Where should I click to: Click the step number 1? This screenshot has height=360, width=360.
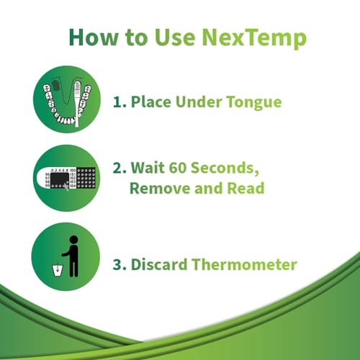pyautogui.click(x=117, y=102)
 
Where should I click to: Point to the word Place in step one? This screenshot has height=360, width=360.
pyautogui.click(x=150, y=102)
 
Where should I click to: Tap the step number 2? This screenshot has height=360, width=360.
pyautogui.click(x=117, y=168)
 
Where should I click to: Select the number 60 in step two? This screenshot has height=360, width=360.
pyautogui.click(x=179, y=168)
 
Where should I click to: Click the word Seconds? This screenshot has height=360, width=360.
pyautogui.click(x=229, y=168)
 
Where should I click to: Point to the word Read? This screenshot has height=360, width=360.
pyautogui.click(x=244, y=189)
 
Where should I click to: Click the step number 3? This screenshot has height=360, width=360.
pyautogui.click(x=117, y=264)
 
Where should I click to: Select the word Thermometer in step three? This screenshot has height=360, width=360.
pyautogui.click(x=244, y=264)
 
